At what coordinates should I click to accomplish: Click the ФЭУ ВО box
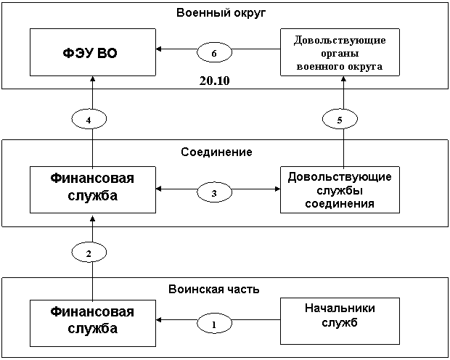pyautogui.click(x=92, y=53)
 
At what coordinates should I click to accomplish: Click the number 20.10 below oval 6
pyautogui.click(x=214, y=80)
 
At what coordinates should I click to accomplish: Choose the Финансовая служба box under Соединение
pyautogui.click(x=92, y=189)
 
